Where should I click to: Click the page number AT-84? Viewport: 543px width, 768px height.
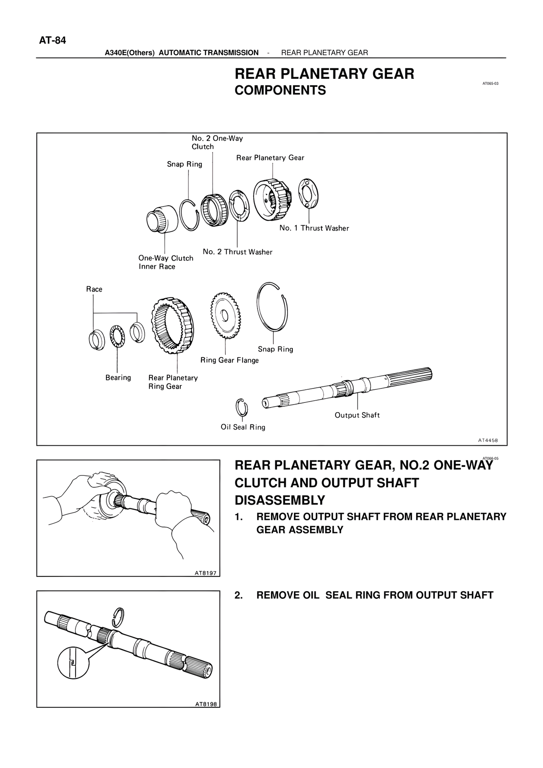coord(53,41)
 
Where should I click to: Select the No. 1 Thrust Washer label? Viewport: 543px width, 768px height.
coord(314,228)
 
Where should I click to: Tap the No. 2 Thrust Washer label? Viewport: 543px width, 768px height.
coord(238,252)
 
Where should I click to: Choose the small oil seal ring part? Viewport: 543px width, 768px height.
coord(242,408)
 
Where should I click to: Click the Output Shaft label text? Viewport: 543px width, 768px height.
coord(357,415)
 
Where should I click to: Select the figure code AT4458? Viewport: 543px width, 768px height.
coord(487,440)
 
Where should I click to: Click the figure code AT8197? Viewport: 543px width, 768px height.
coord(206,573)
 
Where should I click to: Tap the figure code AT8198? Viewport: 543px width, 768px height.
coord(206,704)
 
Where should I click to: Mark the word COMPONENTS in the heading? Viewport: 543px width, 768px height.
coord(280,90)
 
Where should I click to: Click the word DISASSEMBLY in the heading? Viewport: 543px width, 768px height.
coord(280,500)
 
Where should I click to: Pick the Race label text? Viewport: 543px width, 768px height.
coord(94,289)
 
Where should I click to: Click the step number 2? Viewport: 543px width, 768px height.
coord(238,595)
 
